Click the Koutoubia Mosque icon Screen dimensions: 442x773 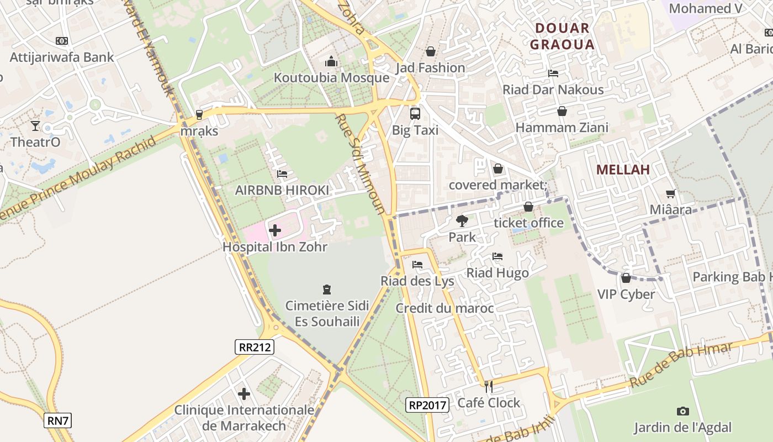tap(331, 61)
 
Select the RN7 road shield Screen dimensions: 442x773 tap(58, 421)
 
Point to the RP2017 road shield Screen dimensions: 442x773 tap(427, 405)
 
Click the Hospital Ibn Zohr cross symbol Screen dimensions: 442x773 tap(275, 230)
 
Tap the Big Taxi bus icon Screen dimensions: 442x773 tap(415, 114)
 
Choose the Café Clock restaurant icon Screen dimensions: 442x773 tap(488, 386)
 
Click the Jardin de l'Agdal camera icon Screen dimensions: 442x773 tap(683, 411)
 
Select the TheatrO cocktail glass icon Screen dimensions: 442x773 tap(35, 126)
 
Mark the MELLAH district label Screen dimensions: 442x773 tap(623, 170)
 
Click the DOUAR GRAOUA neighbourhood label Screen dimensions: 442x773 tap(562, 36)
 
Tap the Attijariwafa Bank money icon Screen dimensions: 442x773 tap(62, 41)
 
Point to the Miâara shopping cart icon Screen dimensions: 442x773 tap(671, 193)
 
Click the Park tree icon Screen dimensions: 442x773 tap(462, 221)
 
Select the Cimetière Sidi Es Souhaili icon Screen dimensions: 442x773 tap(327, 290)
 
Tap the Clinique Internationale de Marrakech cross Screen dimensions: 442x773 tap(244, 394)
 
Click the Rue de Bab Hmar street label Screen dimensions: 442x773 tap(681, 365)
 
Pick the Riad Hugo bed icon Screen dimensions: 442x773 tap(497, 256)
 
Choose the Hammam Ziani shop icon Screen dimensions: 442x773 tap(562, 112)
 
